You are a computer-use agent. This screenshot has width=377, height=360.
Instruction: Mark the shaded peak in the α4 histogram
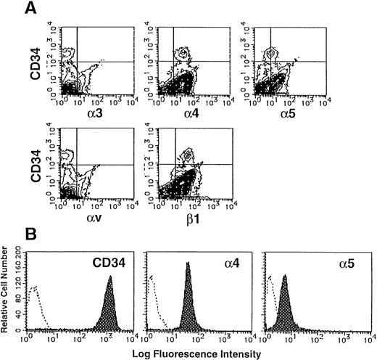[x=187, y=305]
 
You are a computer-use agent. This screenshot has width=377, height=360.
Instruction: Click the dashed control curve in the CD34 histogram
[x=34, y=298]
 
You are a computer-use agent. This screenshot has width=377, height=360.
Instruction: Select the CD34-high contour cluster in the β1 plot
[x=187, y=155]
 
